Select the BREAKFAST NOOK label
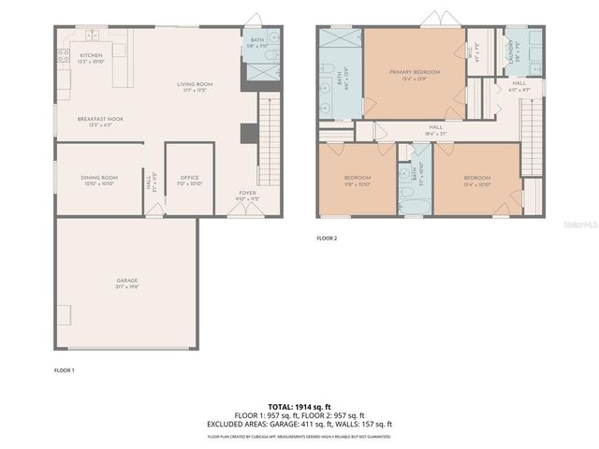point(100,121)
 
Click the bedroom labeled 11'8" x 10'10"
point(358,180)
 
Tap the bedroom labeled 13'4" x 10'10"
point(476,180)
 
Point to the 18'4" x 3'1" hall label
point(435,130)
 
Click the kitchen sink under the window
point(93,36)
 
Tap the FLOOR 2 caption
point(327,239)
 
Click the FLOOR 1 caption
point(64,370)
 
